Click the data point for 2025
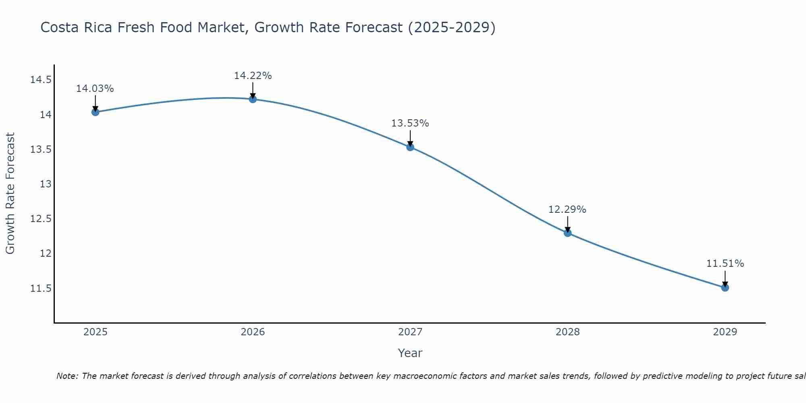(95, 112)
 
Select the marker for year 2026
(253, 99)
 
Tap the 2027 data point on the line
(410, 147)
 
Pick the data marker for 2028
(567, 233)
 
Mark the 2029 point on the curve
(725, 287)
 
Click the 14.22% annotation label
(253, 76)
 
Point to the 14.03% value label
(95, 89)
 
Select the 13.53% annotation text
(410, 123)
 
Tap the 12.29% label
(567, 210)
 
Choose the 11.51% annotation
(725, 264)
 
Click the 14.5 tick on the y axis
(41, 80)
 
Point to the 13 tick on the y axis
(46, 184)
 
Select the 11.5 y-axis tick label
(41, 289)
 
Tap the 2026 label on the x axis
(253, 332)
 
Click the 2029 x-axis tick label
(725, 332)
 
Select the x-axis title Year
(410, 353)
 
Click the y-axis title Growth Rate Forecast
(10, 193)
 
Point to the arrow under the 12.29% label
(567, 224)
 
